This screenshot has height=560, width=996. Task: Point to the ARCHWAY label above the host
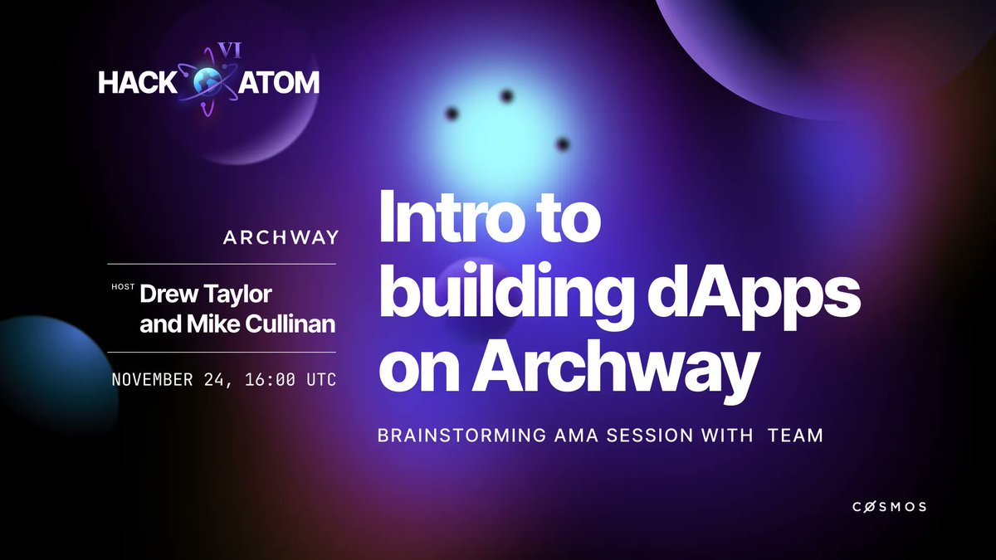pos(281,238)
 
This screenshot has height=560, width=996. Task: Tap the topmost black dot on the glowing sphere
pos(505,96)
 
